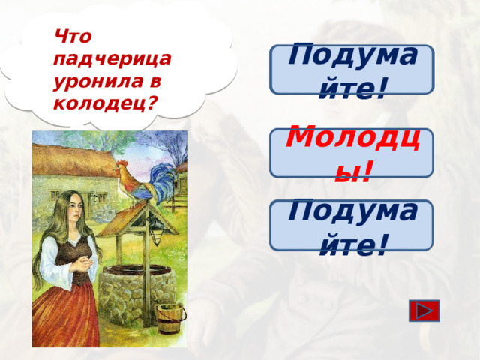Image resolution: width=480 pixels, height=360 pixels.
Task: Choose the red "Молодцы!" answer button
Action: point(351,154)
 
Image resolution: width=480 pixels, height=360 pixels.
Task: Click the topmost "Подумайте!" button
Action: point(352,70)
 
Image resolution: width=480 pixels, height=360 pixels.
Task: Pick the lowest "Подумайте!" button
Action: point(352,225)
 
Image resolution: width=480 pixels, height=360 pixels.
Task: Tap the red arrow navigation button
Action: point(425,311)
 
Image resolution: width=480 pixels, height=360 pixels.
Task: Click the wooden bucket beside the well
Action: point(169,319)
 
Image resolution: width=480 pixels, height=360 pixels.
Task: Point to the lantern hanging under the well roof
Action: point(156,236)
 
